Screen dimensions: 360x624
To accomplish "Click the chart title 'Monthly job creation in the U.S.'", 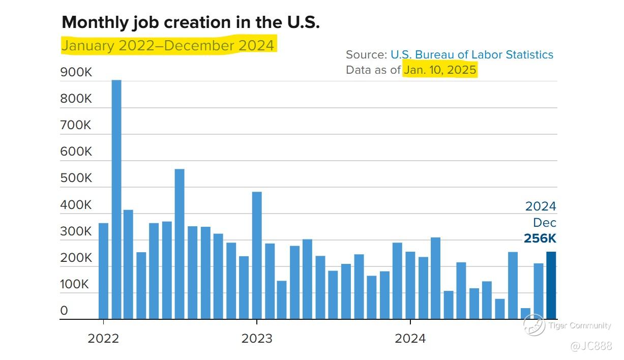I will tap(190, 22).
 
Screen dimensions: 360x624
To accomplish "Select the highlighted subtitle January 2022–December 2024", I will tap(168, 46).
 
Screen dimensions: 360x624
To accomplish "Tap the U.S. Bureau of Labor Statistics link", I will tap(471, 55).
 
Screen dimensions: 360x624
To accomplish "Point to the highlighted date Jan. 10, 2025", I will tap(440, 70).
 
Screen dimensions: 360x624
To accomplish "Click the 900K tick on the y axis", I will tap(76, 73).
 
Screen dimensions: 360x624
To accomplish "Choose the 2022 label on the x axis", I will tap(103, 339).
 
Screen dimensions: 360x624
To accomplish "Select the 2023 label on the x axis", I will tap(256, 339).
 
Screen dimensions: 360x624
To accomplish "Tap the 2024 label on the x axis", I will tap(410, 339).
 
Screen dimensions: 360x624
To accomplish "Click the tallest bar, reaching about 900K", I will tap(116, 199).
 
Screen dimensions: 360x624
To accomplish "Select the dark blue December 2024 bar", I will tap(551, 285).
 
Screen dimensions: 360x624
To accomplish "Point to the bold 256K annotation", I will tap(540, 239).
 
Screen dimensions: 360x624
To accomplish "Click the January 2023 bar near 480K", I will tap(257, 255).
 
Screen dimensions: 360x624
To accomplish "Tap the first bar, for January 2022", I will tap(103, 271).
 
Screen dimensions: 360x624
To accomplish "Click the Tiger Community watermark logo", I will tap(534, 325).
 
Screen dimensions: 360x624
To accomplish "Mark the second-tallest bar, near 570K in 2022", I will tap(180, 244).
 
